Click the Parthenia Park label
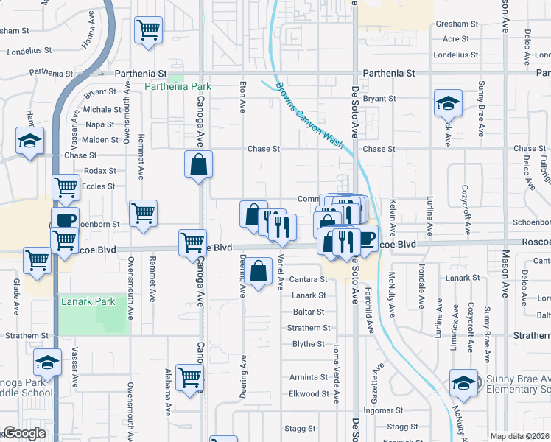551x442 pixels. (x=178, y=86)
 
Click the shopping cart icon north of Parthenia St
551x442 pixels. (x=149, y=30)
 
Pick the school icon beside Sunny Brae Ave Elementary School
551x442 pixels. (x=464, y=382)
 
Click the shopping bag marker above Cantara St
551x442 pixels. (x=259, y=272)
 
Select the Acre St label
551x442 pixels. (x=456, y=39)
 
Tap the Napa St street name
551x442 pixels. (x=100, y=124)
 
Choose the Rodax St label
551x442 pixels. (x=96, y=171)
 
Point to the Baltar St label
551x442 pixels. (x=309, y=312)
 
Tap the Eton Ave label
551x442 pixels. (x=242, y=97)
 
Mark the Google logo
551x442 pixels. (x=25, y=434)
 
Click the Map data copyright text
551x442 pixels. (x=519, y=436)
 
